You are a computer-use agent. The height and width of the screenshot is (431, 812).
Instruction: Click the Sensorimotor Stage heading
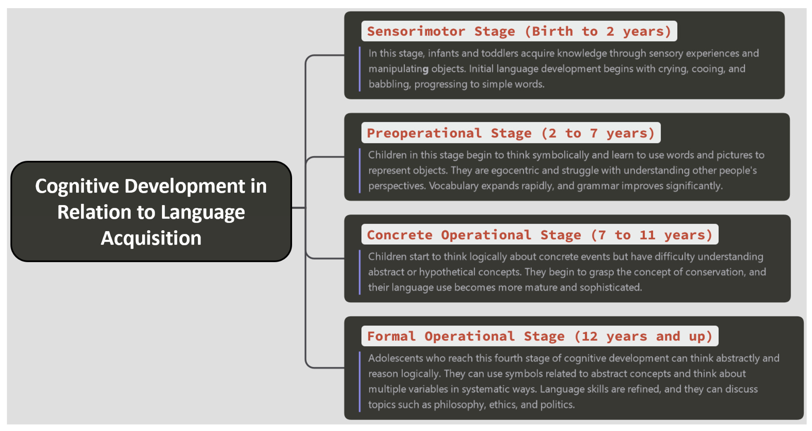click(x=519, y=31)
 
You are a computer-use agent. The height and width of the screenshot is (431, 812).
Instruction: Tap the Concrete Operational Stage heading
click(x=540, y=235)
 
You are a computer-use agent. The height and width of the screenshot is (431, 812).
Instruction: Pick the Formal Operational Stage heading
click(x=540, y=336)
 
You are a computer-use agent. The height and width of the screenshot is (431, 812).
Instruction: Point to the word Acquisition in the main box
click(x=151, y=238)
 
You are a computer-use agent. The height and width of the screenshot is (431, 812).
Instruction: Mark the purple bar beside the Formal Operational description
click(x=360, y=382)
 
